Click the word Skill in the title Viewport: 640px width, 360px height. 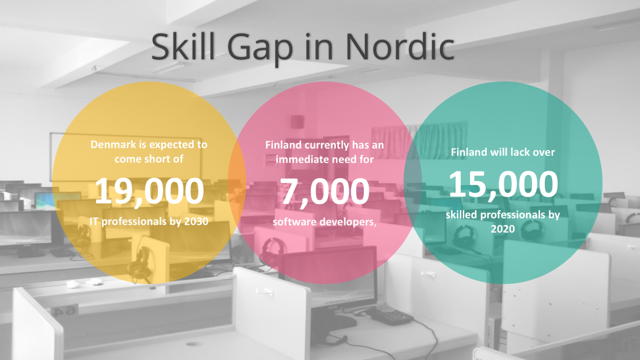183,46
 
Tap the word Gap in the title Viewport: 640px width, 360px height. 260,49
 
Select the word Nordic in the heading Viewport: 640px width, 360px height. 400,46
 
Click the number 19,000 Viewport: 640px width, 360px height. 149,191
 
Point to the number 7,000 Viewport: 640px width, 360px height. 325,192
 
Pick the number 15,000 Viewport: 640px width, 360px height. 503,184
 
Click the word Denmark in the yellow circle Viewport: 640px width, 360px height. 113,145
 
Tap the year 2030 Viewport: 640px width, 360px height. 196,221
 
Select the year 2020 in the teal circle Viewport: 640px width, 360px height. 503,229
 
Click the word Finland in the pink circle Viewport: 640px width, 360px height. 283,145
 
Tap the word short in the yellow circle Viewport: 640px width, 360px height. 154,159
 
